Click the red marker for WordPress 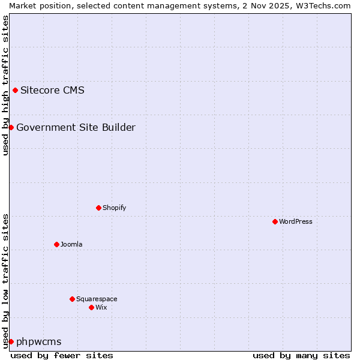pyautogui.click(x=275, y=221)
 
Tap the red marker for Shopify pyautogui.click(x=98, y=208)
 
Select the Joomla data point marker pyautogui.click(x=56, y=244)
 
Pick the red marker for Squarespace pyautogui.click(x=72, y=299)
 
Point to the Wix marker pyautogui.click(x=91, y=307)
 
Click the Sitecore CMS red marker pyautogui.click(x=15, y=91)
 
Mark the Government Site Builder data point pyautogui.click(x=11, y=127)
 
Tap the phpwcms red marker pyautogui.click(x=11, y=341)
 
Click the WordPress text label pyautogui.click(x=296, y=221)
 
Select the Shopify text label pyautogui.click(x=114, y=208)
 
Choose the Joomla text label pyautogui.click(x=71, y=244)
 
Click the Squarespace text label pyautogui.click(x=97, y=299)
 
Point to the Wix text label pyautogui.click(x=101, y=307)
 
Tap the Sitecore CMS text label pyautogui.click(x=52, y=91)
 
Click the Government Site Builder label pyautogui.click(x=76, y=127)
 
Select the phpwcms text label pyautogui.click(x=39, y=342)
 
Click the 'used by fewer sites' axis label pyautogui.click(x=62, y=355)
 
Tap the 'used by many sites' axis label pyautogui.click(x=301, y=355)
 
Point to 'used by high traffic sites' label pyautogui.click(x=5, y=85)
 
